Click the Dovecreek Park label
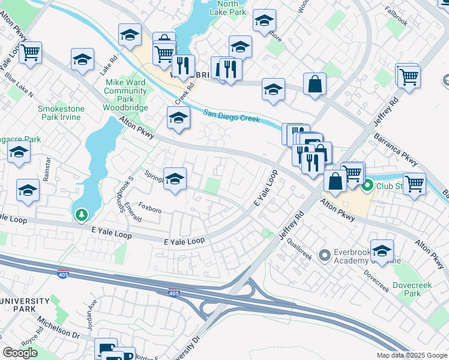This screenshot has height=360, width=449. (412, 289)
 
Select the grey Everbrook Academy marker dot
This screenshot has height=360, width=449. (325, 256)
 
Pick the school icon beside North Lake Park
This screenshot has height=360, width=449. (264, 21)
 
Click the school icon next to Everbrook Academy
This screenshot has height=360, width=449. (381, 250)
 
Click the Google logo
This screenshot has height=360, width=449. (20, 353)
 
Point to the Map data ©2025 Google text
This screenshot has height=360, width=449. (411, 355)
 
